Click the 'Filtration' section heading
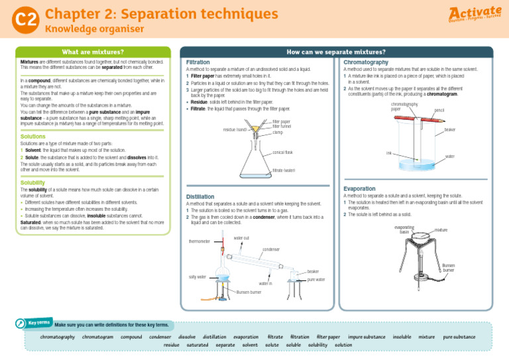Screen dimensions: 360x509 tap(198, 62)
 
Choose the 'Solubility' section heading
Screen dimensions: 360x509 tap(33, 182)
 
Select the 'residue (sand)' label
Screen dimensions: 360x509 tap(235, 129)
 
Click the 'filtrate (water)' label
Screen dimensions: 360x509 tap(285, 171)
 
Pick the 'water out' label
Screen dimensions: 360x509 tap(241, 237)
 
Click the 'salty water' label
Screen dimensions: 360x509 tap(198, 276)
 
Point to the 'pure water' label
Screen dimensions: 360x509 tap(316, 280)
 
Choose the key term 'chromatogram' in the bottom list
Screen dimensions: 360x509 tap(97, 337)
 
